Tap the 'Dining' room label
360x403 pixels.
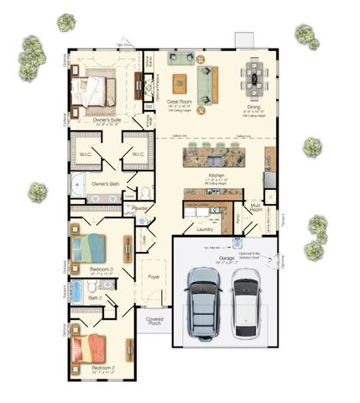(253, 107)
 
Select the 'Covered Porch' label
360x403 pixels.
(154, 322)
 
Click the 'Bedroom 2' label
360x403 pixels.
(88, 369)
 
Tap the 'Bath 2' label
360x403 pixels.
(95, 298)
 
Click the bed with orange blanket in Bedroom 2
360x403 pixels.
(90, 346)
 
